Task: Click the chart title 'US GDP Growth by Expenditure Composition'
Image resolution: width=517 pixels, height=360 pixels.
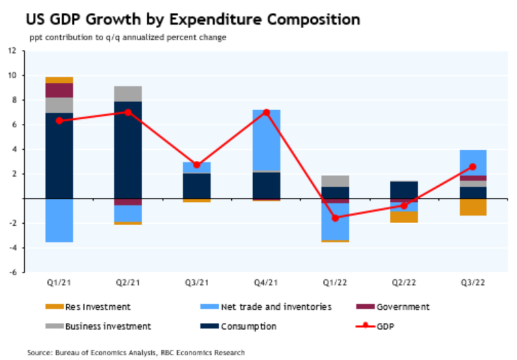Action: pyautogui.click(x=181, y=16)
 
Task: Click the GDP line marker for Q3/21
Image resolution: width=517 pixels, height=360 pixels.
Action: pyautogui.click(x=197, y=165)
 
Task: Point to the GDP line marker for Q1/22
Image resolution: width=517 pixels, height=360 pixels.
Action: pyautogui.click(x=335, y=218)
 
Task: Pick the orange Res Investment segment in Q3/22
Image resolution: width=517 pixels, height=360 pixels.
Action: pyautogui.click(x=473, y=207)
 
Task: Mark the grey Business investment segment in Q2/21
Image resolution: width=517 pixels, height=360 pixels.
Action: pyautogui.click(x=128, y=94)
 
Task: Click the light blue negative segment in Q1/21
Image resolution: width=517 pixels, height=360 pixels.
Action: pyautogui.click(x=59, y=220)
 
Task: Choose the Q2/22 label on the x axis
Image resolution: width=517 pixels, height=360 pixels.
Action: pyautogui.click(x=403, y=281)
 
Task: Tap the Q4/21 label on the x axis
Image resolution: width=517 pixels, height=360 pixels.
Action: pyautogui.click(x=266, y=281)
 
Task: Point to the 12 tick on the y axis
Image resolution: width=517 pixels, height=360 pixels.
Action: pyautogui.click(x=12, y=51)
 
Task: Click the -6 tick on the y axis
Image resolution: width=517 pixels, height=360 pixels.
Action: pyautogui.click(x=12, y=272)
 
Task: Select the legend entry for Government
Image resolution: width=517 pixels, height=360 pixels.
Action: pyautogui.click(x=401, y=307)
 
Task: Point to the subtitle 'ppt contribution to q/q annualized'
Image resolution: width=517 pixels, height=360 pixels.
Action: pyautogui.click(x=127, y=37)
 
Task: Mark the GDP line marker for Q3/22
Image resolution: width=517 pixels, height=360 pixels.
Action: pyautogui.click(x=473, y=167)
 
